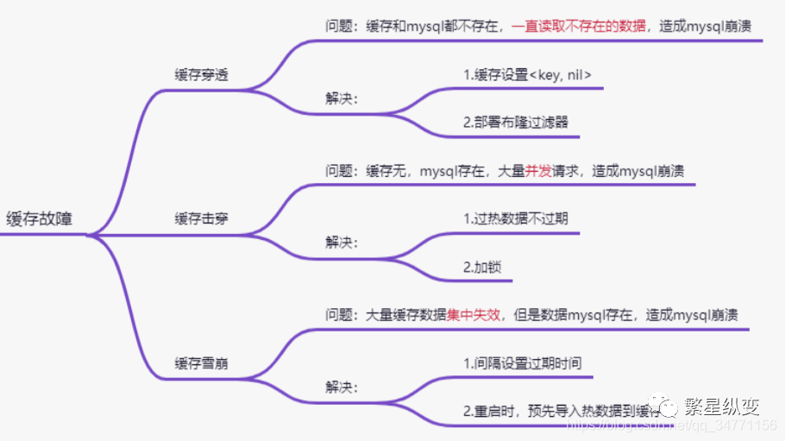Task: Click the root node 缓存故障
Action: click(x=40, y=218)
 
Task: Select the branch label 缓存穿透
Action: click(x=202, y=75)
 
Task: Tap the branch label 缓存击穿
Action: click(x=202, y=218)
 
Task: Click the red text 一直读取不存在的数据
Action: click(x=579, y=27)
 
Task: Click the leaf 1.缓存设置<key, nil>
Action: click(x=527, y=75)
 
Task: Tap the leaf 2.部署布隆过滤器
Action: click(x=516, y=123)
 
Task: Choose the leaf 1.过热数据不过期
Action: click(x=516, y=218)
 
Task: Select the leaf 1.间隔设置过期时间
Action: click(x=522, y=363)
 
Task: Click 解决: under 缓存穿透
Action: click(x=342, y=98)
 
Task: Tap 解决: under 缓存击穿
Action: click(x=342, y=243)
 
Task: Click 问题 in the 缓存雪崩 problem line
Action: click(x=339, y=315)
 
